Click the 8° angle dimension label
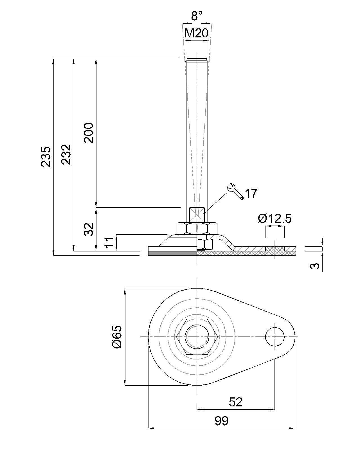(197, 16)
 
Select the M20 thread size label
(197, 34)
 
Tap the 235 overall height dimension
(46, 157)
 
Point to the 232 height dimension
(67, 154)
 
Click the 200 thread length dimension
(89, 133)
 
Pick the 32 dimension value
(89, 229)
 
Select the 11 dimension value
(110, 242)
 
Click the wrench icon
(235, 192)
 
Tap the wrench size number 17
(251, 193)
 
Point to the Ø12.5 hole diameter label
(275, 219)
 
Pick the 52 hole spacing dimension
(236, 402)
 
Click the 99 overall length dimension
(222, 421)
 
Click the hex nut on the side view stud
(197, 228)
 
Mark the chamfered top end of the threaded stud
(197, 60)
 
